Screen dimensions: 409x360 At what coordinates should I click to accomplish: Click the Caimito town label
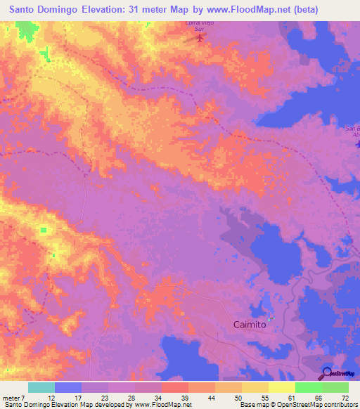250,325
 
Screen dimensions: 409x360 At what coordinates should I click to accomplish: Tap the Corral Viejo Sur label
199,27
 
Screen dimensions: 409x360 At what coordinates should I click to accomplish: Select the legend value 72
345,398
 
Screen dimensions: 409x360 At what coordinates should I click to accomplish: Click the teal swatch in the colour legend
41,387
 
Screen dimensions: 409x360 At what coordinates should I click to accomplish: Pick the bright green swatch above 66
309,387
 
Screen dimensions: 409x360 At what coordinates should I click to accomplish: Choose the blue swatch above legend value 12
68,387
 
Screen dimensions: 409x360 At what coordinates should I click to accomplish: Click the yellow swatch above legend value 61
282,387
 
